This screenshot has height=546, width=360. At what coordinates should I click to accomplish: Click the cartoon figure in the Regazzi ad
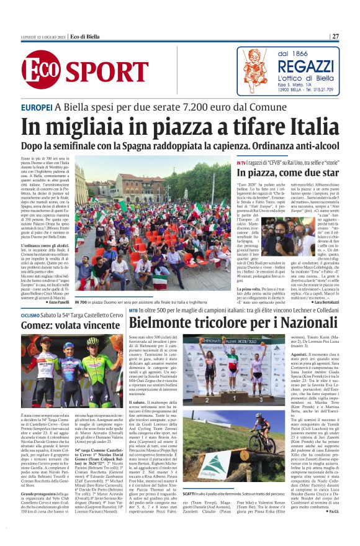tap(253, 71)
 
